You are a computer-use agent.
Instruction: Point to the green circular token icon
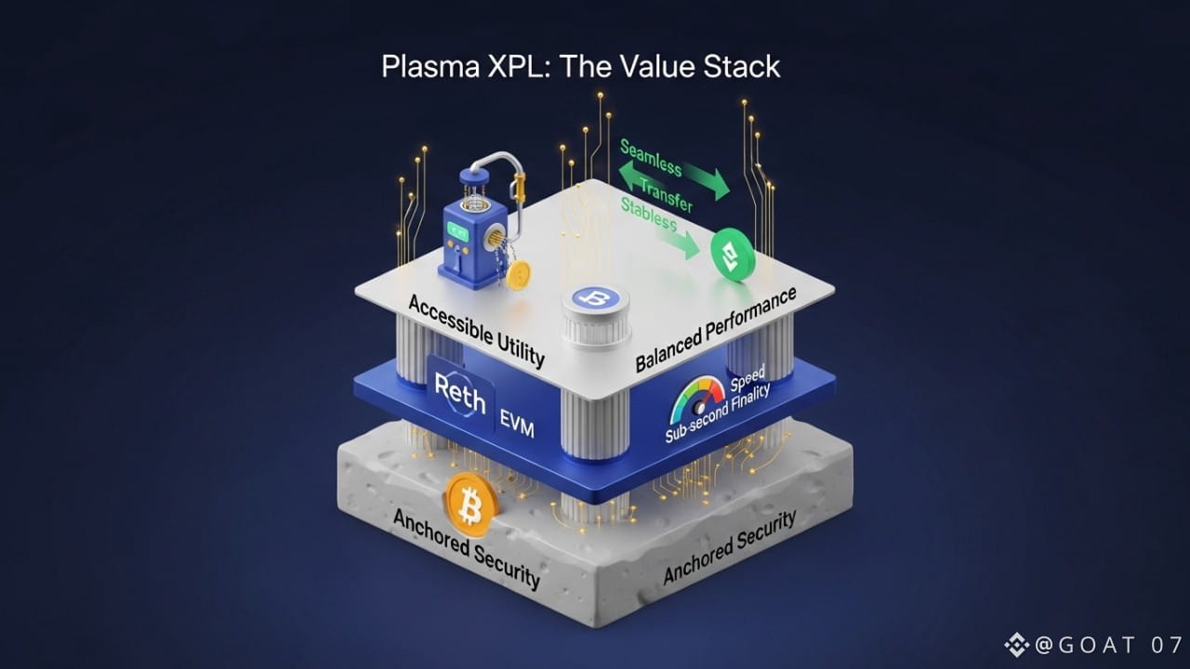tap(734, 256)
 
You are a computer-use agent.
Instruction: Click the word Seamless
tap(651, 158)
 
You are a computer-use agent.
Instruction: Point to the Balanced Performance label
tap(716, 330)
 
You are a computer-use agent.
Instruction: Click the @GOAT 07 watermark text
tap(1104, 644)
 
